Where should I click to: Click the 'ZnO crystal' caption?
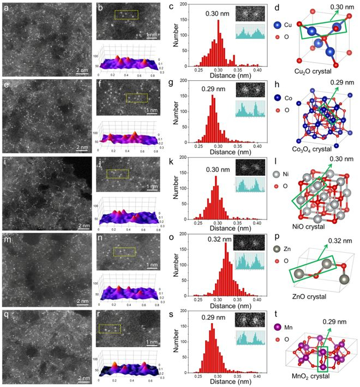coord(311,296)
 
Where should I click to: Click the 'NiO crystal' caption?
coord(311,226)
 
